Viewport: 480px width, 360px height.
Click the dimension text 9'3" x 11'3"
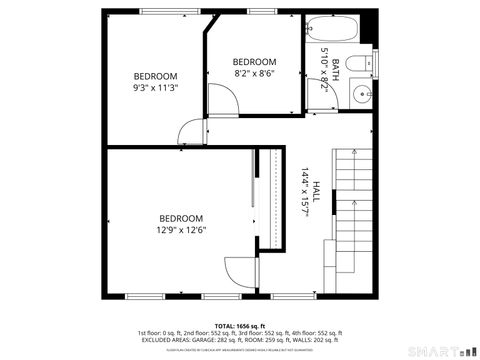(x=156, y=87)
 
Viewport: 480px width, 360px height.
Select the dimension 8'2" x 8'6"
(x=254, y=72)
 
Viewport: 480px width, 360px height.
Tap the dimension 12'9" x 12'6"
(x=181, y=230)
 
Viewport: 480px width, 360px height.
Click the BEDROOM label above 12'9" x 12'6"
(x=181, y=218)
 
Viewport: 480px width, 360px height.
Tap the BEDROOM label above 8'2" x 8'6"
(x=254, y=61)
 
